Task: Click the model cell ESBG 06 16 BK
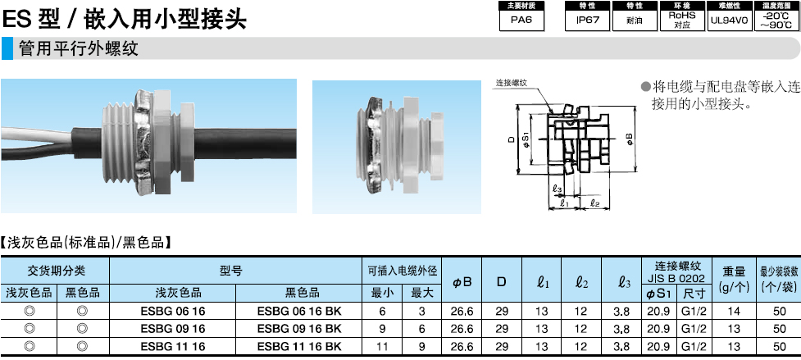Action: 299,311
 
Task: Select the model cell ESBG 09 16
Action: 173,328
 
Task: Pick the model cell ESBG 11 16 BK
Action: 299,346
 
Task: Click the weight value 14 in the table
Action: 734,311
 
